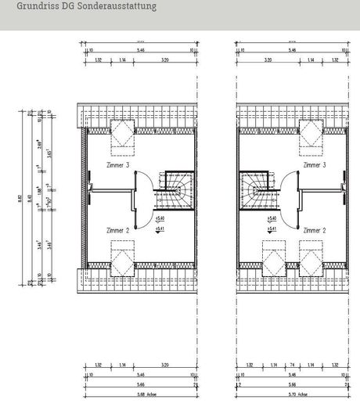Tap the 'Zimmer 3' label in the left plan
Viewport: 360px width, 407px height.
(118, 166)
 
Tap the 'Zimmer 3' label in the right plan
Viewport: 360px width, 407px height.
(315, 166)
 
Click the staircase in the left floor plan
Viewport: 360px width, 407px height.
(175, 189)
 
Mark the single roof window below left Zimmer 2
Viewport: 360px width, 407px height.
(123, 258)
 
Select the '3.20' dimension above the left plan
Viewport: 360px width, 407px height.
(163, 59)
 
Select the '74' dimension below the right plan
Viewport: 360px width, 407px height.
(290, 366)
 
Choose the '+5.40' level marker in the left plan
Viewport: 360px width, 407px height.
(159, 218)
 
